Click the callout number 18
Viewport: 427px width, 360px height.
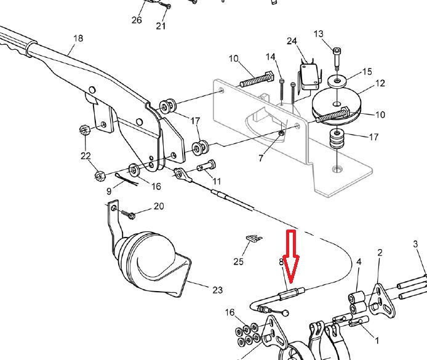(78, 38)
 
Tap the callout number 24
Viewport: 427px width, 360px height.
(292, 41)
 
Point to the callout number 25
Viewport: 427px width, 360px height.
(239, 262)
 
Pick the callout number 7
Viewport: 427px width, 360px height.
(261, 159)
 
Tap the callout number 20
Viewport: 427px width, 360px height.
(159, 206)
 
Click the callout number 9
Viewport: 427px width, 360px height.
(109, 191)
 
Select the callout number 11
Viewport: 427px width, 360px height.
(216, 182)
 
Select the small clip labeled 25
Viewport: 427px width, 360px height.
(252, 237)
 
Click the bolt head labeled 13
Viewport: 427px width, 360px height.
(336, 51)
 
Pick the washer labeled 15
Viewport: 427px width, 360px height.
(338, 81)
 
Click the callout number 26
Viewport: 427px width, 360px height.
(137, 20)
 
